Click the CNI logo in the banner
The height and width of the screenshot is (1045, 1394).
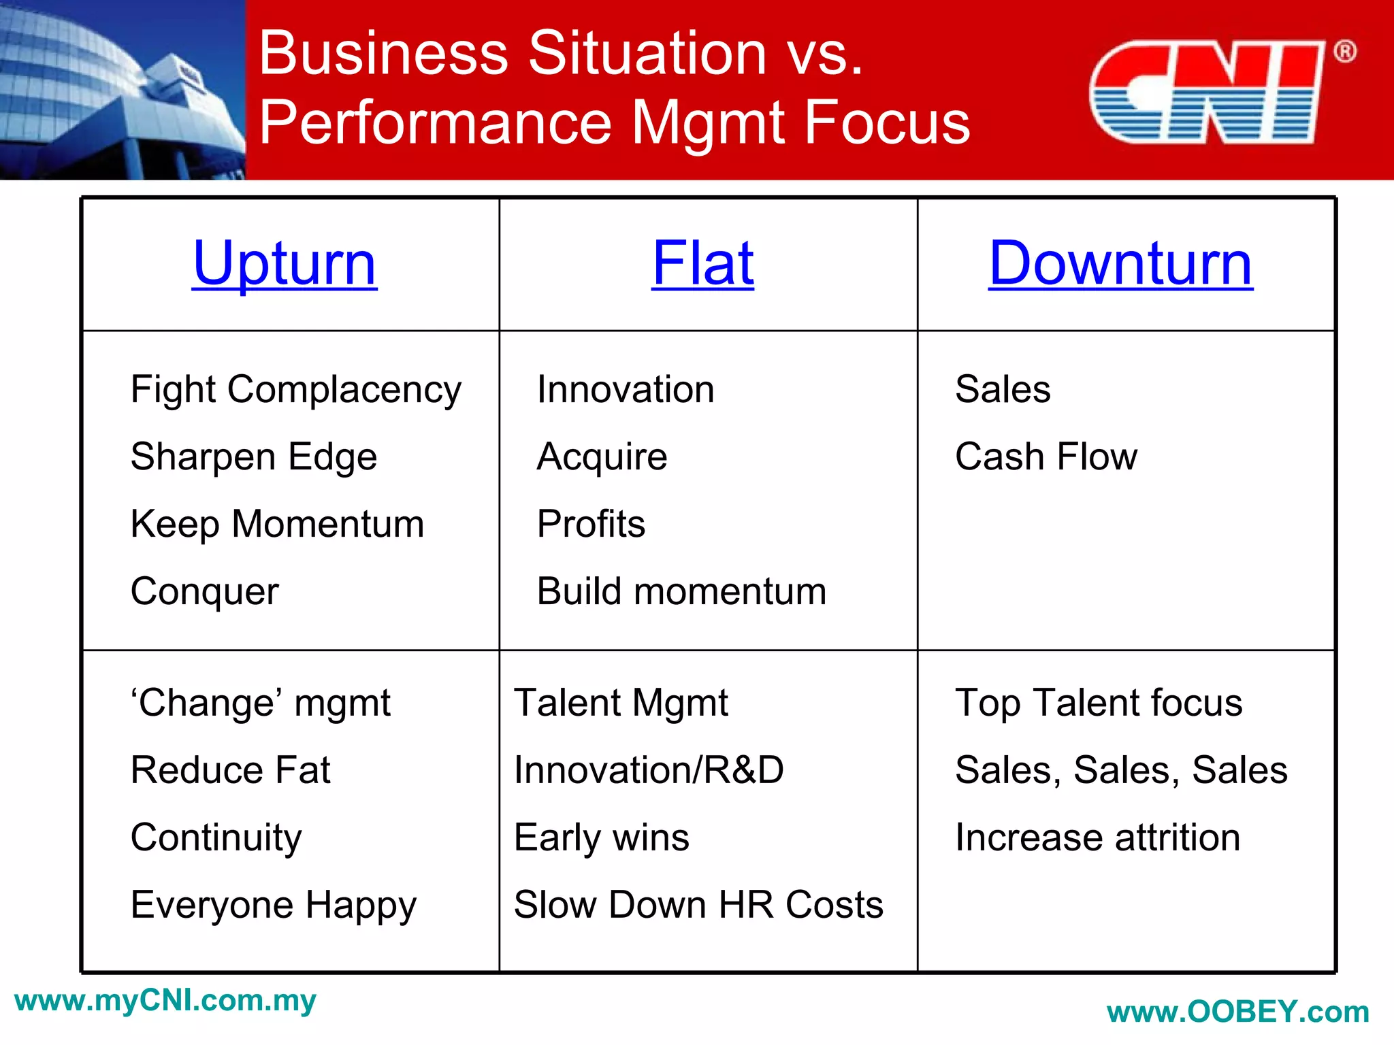coord(1206,92)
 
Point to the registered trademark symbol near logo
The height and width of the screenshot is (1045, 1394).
coord(1344,52)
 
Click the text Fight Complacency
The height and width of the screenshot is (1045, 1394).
coord(295,390)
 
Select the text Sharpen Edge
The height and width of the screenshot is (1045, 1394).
coord(253,457)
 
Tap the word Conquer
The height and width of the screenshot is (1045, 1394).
coord(204,591)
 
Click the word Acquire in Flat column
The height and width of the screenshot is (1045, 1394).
coord(602,457)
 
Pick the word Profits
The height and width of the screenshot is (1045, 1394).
coord(591,524)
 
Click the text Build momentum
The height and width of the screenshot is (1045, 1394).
coord(681,591)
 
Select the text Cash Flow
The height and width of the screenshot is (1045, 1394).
coord(1045,457)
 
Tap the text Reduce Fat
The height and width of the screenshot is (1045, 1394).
coord(230,770)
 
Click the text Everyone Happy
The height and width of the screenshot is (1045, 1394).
coord(273,906)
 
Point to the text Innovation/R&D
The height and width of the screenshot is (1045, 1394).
coord(649,770)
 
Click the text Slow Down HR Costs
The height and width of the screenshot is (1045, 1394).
coord(698,906)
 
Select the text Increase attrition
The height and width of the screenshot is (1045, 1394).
coord(1097,837)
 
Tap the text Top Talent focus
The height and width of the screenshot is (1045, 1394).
coord(1098,703)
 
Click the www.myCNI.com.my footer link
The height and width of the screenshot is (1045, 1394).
coord(165,1001)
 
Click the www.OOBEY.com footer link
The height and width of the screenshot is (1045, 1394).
coord(1237,1012)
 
